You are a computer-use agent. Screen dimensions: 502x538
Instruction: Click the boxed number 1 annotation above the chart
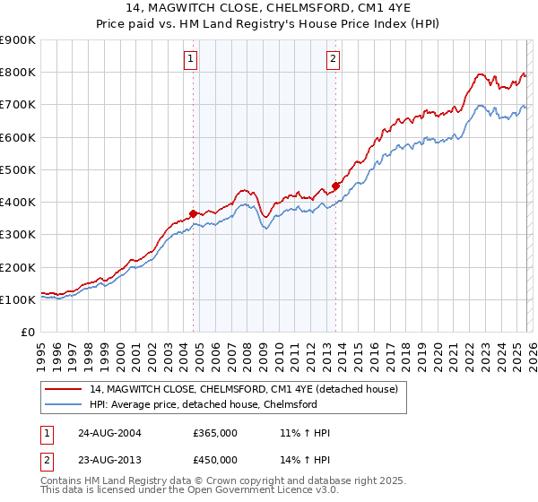pyautogui.click(x=192, y=60)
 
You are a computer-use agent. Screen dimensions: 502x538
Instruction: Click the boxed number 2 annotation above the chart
pyautogui.click(x=333, y=60)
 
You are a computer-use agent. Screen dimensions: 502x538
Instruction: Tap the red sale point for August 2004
pyautogui.click(x=193, y=213)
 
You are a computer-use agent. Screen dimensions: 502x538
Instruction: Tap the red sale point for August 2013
pyautogui.click(x=335, y=186)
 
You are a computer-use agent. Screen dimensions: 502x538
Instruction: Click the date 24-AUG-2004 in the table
pyautogui.click(x=109, y=433)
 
